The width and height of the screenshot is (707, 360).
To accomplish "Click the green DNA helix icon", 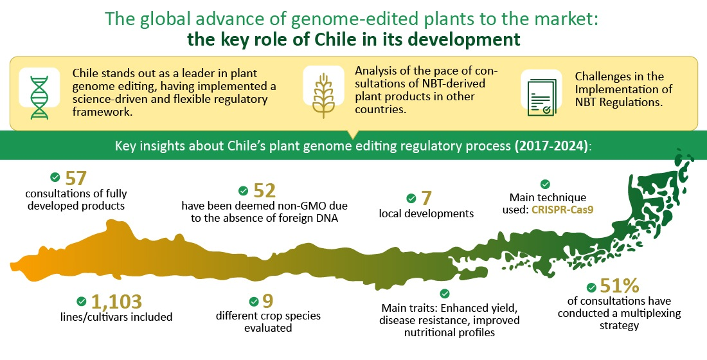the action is click(x=39, y=98).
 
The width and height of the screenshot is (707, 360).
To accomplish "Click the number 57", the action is click(x=76, y=179).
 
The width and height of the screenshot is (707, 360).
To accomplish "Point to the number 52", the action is click(x=264, y=191).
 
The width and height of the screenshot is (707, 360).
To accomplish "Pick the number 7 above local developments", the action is click(x=427, y=199).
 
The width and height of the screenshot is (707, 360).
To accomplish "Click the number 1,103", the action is click(x=116, y=301).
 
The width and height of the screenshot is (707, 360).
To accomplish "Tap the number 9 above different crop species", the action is click(x=268, y=301).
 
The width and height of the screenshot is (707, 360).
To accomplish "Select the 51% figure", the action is click(x=620, y=285).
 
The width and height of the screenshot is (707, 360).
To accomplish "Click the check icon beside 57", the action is click(x=55, y=177).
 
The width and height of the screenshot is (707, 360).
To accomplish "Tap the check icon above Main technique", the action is click(x=545, y=184).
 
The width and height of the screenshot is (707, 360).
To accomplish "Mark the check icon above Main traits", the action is click(x=445, y=294).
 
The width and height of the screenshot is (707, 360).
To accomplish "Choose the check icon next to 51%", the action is click(x=591, y=287).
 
